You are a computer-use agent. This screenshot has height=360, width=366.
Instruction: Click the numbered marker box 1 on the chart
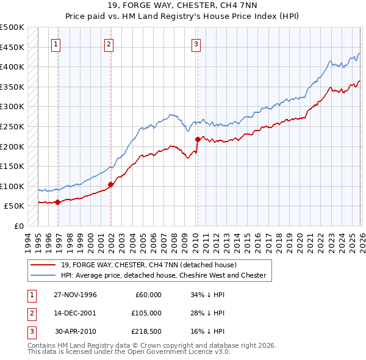coord(56,43)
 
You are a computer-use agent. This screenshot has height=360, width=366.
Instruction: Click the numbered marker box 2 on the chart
coord(109,43)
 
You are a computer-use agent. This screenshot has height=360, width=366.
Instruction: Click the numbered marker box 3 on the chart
coord(196,43)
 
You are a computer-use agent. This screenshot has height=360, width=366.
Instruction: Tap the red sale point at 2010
coord(198,139)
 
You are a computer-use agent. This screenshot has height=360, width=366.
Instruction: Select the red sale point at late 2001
coord(110,184)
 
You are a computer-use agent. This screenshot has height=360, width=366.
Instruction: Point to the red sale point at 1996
coord(57,202)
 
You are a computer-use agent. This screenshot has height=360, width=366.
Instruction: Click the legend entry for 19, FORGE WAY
coord(152,265)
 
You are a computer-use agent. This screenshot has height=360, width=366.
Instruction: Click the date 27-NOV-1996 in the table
coord(75,295)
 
